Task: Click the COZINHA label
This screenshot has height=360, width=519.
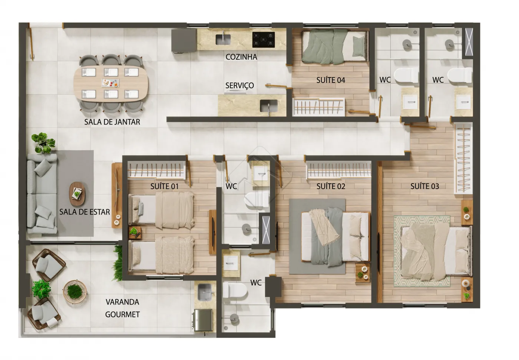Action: click(241, 57)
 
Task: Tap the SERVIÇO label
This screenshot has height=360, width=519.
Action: click(239, 86)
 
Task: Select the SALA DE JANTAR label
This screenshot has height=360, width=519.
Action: click(112, 122)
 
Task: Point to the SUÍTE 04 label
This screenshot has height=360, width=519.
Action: click(331, 80)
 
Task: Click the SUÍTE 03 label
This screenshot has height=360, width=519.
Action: click(425, 186)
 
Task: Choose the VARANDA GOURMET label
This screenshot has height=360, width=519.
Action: click(122, 308)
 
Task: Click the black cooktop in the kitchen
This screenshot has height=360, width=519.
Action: click(264, 40)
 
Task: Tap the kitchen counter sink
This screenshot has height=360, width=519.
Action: click(223, 39)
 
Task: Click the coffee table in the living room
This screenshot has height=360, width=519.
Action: click(77, 194)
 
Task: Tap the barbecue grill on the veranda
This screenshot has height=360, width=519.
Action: click(202, 320)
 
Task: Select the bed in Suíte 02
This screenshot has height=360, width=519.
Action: click(335, 236)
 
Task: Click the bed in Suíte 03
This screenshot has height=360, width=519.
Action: click(436, 252)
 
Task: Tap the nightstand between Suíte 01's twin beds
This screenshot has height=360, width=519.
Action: click(135, 232)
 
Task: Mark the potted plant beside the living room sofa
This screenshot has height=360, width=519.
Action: click(43, 143)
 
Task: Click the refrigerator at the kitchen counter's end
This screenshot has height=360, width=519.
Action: click(184, 41)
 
